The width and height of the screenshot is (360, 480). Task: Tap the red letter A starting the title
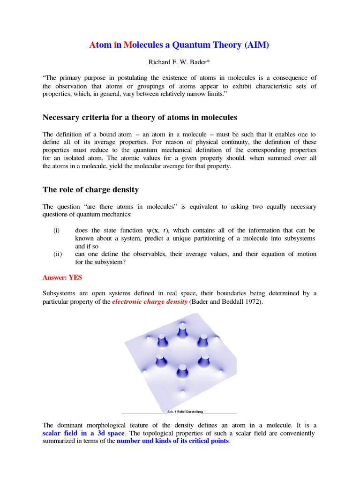(92, 45)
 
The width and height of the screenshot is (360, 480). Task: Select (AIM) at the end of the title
(257, 45)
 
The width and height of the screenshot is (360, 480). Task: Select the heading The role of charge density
(90, 190)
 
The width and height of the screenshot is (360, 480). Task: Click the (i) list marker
(56, 231)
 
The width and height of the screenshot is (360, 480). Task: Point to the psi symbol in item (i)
(150, 231)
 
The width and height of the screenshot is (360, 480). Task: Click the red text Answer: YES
(62, 277)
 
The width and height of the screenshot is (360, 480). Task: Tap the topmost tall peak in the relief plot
(181, 331)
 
